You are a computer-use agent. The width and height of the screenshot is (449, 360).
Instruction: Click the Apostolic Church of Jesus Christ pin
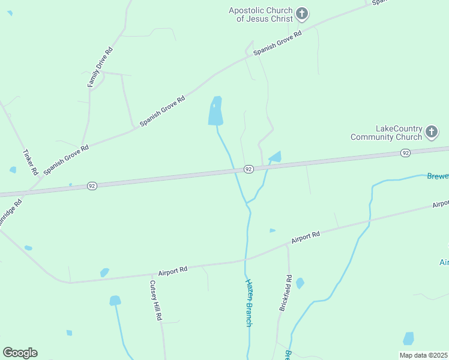coord(302,14)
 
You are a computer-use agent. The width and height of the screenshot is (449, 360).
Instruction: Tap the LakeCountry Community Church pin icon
coord(431,132)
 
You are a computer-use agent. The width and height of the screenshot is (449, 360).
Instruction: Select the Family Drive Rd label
coord(100,67)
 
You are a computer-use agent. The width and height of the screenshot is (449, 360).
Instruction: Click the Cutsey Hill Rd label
coord(155,300)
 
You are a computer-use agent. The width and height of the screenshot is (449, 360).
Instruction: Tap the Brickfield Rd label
coord(285,293)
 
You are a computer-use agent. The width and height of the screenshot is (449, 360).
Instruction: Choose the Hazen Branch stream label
coord(249,302)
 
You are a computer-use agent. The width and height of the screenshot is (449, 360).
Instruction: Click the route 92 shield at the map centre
coord(248,170)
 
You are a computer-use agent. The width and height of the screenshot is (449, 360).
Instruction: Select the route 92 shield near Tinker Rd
coord(91,186)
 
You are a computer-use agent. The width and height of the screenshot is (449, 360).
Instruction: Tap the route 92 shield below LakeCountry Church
coord(406,154)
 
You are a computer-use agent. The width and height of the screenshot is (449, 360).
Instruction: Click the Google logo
coord(20,353)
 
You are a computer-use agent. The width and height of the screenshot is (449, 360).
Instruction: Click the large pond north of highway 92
coord(215,112)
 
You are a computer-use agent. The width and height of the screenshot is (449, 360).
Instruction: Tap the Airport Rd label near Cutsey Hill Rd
coord(173,271)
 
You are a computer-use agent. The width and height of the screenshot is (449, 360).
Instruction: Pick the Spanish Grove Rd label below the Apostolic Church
coord(277,44)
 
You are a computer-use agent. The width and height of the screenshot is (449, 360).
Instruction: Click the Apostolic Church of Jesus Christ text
coord(261,14)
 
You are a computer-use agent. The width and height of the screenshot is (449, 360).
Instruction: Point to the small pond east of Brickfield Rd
coord(300,283)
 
